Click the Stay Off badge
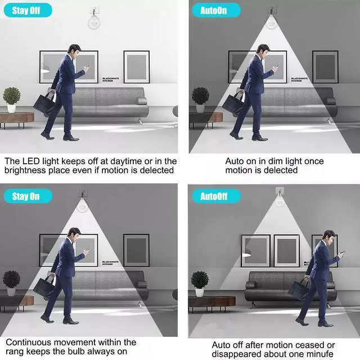click(28, 10)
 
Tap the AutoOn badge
click(216, 10)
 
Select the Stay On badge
click(28, 196)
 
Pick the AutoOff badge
click(216, 196)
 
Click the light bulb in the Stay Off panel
click(94, 22)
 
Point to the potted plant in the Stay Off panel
click(11, 100)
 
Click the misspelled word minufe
click(319, 354)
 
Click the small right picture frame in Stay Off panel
click(137, 67)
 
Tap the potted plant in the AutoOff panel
click(200, 283)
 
